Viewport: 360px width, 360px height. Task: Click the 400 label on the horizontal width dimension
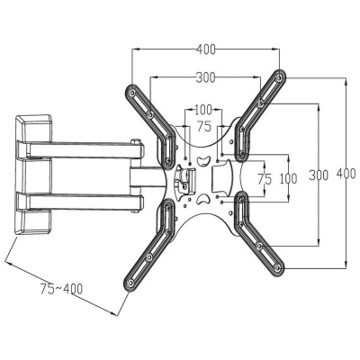206,49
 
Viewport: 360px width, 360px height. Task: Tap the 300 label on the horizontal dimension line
206,77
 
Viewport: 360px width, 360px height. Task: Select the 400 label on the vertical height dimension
346,174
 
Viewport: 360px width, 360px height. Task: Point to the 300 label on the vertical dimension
319,175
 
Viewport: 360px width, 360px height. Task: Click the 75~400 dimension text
61,289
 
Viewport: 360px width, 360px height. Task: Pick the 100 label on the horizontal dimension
203,110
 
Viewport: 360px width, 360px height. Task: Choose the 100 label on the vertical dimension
289,179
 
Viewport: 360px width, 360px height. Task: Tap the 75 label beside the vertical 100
265,179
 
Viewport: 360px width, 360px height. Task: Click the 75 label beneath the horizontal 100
204,127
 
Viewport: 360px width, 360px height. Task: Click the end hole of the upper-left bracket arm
131,93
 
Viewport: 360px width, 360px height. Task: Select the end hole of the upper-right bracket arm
280,78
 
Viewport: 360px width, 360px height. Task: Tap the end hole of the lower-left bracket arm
130,283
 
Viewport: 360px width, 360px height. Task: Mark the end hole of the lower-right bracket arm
278,267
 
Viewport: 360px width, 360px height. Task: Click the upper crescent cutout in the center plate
203,161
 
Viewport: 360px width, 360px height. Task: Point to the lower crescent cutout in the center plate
203,199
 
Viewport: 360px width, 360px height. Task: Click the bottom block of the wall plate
33,222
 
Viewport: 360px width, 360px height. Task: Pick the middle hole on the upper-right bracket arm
260,104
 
